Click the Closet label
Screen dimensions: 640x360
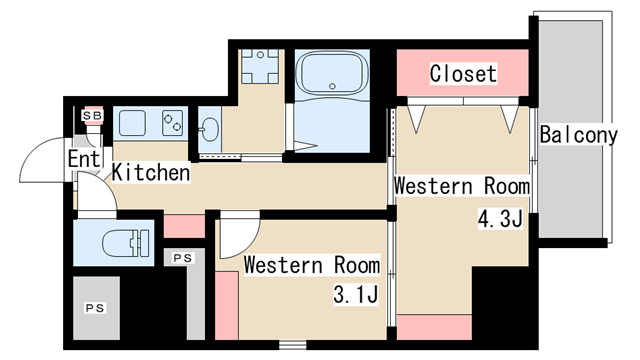463,73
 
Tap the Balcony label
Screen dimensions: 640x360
578,135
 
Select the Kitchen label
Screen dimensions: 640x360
151,172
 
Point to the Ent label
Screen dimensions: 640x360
84,159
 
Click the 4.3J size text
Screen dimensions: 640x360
500,220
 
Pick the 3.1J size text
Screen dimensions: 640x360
356,294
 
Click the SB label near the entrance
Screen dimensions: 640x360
93,116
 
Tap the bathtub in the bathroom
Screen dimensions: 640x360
332,73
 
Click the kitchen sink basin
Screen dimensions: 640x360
132,123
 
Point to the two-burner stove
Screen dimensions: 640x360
173,123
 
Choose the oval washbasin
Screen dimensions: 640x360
210,130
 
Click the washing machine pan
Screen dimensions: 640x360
260,66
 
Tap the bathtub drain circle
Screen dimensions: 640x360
332,86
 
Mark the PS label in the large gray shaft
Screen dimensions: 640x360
95,308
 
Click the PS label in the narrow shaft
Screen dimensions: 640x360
183,258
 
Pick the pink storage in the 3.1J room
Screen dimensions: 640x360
227,305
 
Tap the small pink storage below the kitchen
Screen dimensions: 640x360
184,226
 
